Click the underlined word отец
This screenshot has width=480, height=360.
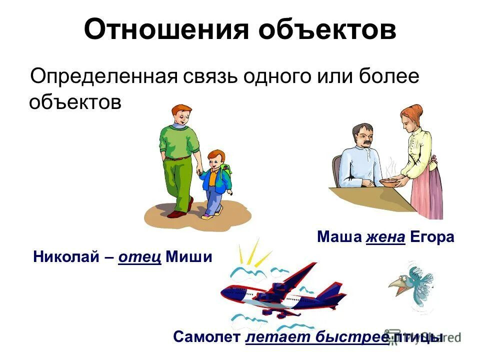click(x=140, y=257)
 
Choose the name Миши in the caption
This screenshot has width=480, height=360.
click(x=188, y=257)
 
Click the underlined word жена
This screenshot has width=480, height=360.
click(x=385, y=237)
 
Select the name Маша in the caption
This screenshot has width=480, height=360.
click(x=338, y=237)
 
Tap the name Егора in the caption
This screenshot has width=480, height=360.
click(x=432, y=237)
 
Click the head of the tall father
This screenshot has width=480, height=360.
click(x=179, y=116)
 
